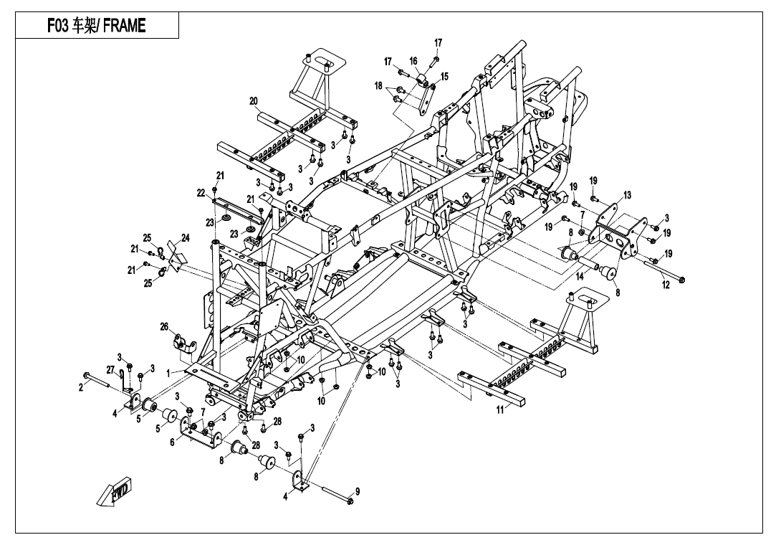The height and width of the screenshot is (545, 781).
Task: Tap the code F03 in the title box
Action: pyautogui.click(x=58, y=26)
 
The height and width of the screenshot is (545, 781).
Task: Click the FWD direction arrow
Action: pyautogui.click(x=115, y=493)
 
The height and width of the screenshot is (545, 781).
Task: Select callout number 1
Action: pyautogui.click(x=169, y=373)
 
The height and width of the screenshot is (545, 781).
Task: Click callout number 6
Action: pyautogui.click(x=172, y=442)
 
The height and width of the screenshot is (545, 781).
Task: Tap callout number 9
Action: pyautogui.click(x=358, y=491)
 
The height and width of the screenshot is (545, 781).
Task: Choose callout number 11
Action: pyautogui.click(x=499, y=409)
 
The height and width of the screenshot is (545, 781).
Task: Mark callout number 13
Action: pyautogui.click(x=627, y=194)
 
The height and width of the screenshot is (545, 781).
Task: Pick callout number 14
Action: pyautogui.click(x=579, y=275)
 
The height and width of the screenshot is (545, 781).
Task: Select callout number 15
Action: pyautogui.click(x=444, y=76)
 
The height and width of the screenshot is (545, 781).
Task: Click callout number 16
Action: pyautogui.click(x=413, y=61)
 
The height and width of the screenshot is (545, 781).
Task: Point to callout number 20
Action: pyautogui.click(x=253, y=101)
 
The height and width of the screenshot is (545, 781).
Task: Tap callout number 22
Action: pyautogui.click(x=201, y=192)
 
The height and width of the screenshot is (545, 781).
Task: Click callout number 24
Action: pyautogui.click(x=185, y=237)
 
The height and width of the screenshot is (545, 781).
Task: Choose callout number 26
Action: pyautogui.click(x=164, y=327)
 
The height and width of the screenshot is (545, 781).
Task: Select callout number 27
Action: pyautogui.click(x=110, y=370)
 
